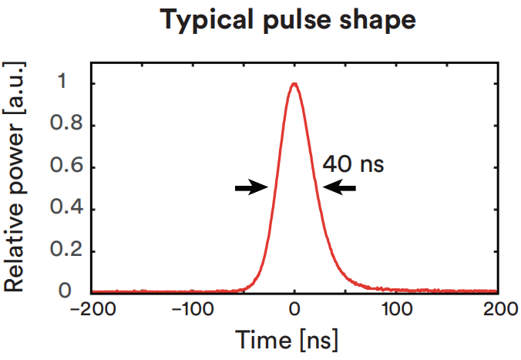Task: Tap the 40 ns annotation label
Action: pos(353,163)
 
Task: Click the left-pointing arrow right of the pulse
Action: pos(340,187)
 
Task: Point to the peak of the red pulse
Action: pos(294,83)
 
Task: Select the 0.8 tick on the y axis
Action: pos(67,125)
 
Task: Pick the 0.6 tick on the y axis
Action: pos(67,167)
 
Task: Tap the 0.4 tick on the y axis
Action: pos(67,209)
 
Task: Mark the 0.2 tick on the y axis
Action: pos(67,251)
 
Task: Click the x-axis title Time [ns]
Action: pos(294,340)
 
